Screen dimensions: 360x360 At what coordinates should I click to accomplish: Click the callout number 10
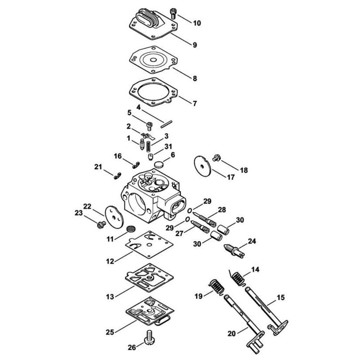coord(197,23)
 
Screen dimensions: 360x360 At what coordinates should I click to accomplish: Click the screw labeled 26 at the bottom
coord(148,337)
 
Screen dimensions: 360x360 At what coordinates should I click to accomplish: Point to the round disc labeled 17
coord(202,165)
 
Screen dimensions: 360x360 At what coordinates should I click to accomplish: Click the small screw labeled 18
coord(216,157)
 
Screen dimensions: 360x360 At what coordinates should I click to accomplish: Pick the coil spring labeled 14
coord(237,279)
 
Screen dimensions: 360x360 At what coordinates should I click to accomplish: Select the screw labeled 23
coord(100,225)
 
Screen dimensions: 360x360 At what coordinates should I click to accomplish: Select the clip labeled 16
coord(136,164)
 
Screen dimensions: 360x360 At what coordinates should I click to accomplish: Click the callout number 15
coord(280,297)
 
